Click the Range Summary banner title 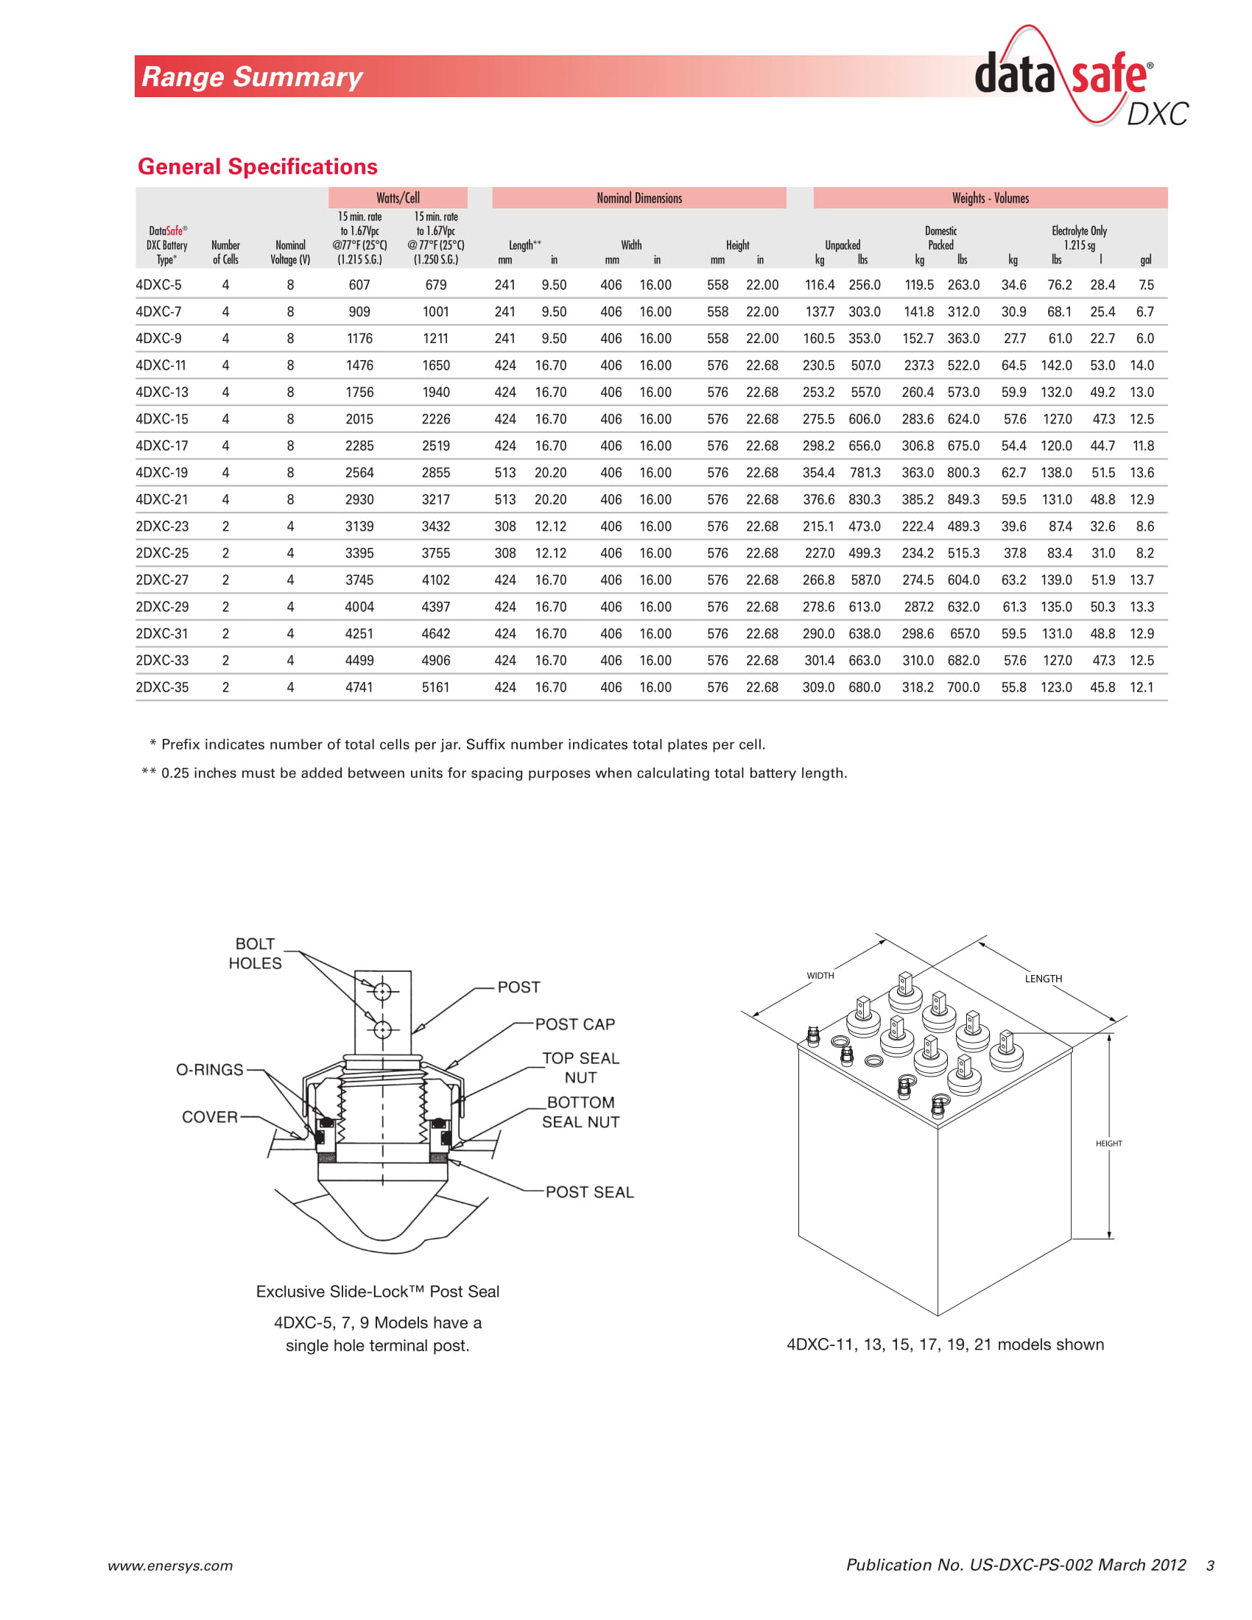coord(251,77)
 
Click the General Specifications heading coord(257,166)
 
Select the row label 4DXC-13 coord(162,392)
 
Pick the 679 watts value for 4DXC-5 coord(435,285)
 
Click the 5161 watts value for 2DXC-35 coord(435,688)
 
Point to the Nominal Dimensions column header coord(639,198)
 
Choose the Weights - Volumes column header coord(990,198)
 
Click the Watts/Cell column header coord(398,198)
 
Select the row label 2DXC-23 coord(162,526)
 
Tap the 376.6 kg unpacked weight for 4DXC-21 coord(818,500)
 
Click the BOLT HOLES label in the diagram coord(254,953)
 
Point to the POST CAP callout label coord(575,1024)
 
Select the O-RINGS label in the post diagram coord(209,1070)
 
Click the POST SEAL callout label coord(590,1192)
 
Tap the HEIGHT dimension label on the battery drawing coord(1108,1143)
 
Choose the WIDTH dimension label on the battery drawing coord(820,976)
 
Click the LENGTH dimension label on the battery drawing coord(1043,979)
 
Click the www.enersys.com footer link coord(170,1566)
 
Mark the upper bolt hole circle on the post coord(382,991)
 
